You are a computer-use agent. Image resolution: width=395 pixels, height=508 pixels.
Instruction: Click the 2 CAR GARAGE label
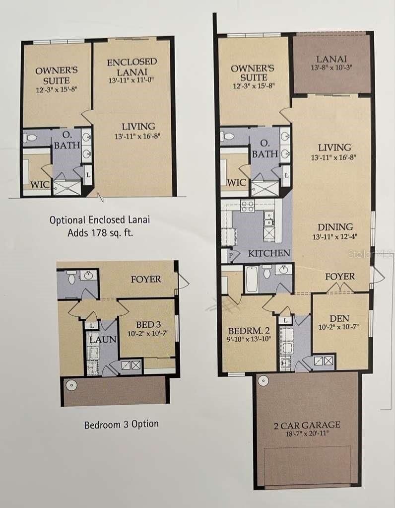pyautogui.click(x=307, y=425)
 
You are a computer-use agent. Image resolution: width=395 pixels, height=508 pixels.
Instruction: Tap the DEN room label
pyautogui.click(x=339, y=318)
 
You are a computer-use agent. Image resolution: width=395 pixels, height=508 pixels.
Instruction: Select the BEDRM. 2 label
pyautogui.click(x=249, y=331)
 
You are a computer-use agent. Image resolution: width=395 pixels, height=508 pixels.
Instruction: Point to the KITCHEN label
pyautogui.click(x=269, y=253)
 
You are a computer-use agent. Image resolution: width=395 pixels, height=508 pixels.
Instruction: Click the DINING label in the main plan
pyautogui.click(x=335, y=227)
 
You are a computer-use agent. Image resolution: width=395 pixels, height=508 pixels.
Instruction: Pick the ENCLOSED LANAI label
pyautogui.click(x=132, y=67)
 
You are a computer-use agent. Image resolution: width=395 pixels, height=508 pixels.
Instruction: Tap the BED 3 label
pyautogui.click(x=148, y=324)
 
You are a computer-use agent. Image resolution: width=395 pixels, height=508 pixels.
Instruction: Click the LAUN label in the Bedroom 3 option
pyautogui.click(x=103, y=340)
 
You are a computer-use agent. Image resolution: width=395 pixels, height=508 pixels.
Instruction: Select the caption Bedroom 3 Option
pyautogui.click(x=122, y=425)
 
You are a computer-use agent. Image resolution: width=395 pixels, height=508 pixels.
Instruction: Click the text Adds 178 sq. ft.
pyautogui.click(x=100, y=232)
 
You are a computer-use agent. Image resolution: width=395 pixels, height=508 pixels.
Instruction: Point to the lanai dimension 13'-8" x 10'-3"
pyautogui.click(x=331, y=68)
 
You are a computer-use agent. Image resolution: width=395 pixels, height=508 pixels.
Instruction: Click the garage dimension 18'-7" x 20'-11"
pyautogui.click(x=307, y=434)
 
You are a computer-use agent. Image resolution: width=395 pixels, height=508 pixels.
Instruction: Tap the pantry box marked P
pyautogui.click(x=231, y=255)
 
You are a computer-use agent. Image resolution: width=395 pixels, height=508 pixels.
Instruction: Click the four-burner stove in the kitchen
pyautogui.click(x=247, y=206)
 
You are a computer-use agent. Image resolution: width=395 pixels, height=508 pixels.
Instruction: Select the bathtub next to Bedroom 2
pyautogui.click(x=251, y=279)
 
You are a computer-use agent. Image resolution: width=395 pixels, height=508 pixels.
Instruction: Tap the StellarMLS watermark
pyautogui.click(x=371, y=254)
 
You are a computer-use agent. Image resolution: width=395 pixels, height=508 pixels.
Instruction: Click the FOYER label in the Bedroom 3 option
pyautogui.click(x=146, y=279)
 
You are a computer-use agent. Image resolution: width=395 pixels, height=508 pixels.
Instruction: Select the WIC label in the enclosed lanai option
pyautogui.click(x=41, y=185)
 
